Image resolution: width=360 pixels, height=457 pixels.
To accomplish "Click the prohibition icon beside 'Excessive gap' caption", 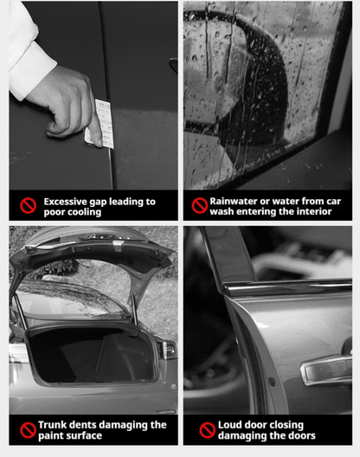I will click(29, 206).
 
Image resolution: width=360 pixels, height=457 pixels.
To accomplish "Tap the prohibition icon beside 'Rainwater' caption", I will click(200, 206).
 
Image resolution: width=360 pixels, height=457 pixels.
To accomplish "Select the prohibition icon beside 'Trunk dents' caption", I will click(29, 430).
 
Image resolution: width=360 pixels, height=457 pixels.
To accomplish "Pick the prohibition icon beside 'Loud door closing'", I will click(207, 430).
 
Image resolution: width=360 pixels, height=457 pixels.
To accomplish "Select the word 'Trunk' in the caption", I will click(55, 425).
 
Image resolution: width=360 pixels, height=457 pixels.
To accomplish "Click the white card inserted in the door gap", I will click(103, 124).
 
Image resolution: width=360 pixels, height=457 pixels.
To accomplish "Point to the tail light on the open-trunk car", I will click(166, 349).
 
